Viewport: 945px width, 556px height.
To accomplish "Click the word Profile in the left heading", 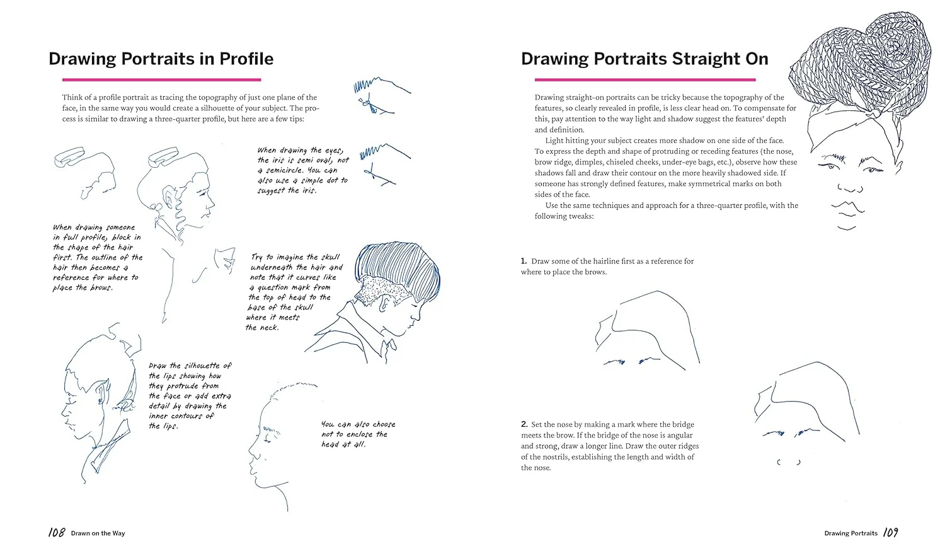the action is (246, 59).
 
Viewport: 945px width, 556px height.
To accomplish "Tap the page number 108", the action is (57, 532).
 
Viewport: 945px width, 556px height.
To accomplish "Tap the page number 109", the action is (890, 532).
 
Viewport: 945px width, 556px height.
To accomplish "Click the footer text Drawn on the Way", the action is (98, 533).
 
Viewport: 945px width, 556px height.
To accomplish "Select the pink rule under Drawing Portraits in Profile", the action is (161, 79).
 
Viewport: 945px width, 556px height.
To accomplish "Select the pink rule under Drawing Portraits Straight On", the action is (645, 79).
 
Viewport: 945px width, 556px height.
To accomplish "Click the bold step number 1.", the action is (524, 261).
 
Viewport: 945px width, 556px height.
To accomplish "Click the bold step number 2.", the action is (524, 424).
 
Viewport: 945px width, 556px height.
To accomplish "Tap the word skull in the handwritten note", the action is (330, 257).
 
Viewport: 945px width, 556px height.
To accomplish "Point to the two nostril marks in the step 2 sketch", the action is (789, 462).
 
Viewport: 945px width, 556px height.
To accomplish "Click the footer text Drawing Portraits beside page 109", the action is (851, 533).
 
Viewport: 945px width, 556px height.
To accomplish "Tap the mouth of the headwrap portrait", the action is (848, 207).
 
